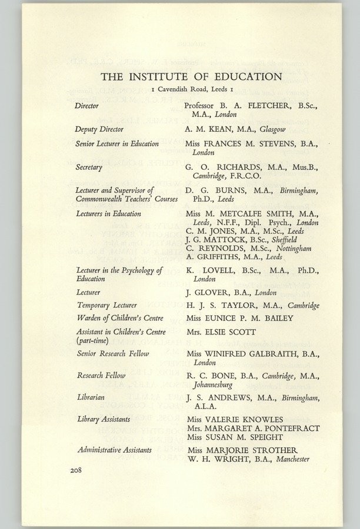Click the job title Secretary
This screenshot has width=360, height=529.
pyautogui.click(x=88, y=167)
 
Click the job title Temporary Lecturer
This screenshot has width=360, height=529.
pyautogui.click(x=106, y=305)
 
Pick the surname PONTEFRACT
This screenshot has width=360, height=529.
pyautogui.click(x=286, y=428)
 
